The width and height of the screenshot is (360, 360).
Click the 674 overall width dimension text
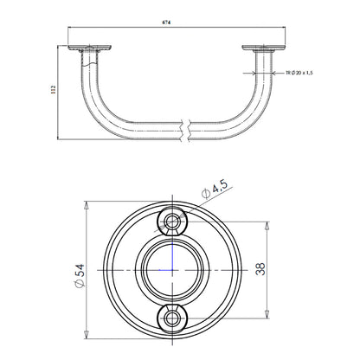pyautogui.click(x=166, y=22)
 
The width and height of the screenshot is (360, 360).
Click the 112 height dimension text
pyautogui.click(x=53, y=90)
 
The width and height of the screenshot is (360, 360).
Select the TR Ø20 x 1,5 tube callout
pyautogui.click(x=299, y=73)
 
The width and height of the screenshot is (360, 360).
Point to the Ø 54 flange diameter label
pyautogui.click(x=79, y=275)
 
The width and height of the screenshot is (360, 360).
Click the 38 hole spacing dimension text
pyautogui.click(x=260, y=269)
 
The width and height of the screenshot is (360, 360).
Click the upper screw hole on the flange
pyautogui.click(x=172, y=222)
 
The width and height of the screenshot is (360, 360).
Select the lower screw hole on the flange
pyautogui.click(x=172, y=318)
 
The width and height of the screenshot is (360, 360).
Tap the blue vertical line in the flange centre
pyautogui.click(x=172, y=257)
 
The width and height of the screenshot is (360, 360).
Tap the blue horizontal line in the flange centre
pyautogui.click(x=166, y=270)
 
